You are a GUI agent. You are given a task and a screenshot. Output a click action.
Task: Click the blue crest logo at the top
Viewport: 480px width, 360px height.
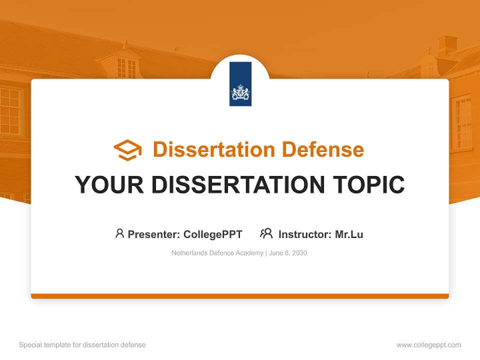[x=240, y=84]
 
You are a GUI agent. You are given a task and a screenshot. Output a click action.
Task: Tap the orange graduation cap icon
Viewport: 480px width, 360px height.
[x=127, y=150]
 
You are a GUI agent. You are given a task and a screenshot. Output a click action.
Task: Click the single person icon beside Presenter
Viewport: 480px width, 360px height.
[x=119, y=233]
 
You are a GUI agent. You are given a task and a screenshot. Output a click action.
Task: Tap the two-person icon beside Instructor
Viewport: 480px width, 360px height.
[x=266, y=233]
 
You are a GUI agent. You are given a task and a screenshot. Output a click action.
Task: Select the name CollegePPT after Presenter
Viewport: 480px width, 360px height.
[x=212, y=234]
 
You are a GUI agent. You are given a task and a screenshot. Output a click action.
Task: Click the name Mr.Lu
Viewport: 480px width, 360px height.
[x=349, y=234]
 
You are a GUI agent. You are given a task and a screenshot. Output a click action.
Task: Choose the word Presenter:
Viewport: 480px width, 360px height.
[x=154, y=234]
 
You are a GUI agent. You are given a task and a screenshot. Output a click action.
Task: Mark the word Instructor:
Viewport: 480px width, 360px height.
[x=304, y=234]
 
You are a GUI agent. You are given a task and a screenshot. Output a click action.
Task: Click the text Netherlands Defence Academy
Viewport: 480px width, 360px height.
[x=217, y=253]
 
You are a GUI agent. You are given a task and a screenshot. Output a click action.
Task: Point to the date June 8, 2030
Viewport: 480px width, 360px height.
[x=288, y=253]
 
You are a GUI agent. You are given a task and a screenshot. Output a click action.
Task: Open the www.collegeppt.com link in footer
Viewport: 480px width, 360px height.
[x=428, y=345]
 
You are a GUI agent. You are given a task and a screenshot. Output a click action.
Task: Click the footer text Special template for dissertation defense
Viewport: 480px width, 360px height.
[x=82, y=345]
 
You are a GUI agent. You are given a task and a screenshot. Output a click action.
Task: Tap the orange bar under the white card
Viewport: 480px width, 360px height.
[x=240, y=296]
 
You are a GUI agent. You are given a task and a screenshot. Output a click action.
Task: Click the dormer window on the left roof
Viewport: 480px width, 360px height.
[x=125, y=66]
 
